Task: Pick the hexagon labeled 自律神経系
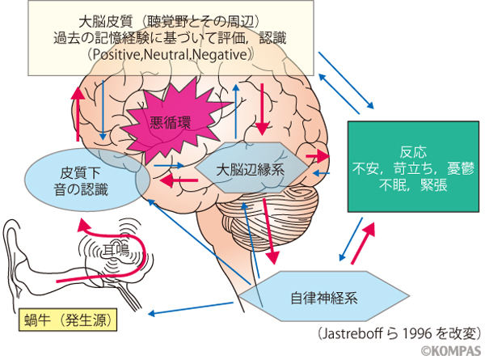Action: click(x=323, y=295)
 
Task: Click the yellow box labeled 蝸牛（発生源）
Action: click(x=67, y=320)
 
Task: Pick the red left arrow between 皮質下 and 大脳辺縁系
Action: click(x=174, y=181)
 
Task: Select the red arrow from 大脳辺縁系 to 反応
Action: click(x=318, y=155)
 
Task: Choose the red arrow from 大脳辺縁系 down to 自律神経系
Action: click(x=270, y=231)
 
